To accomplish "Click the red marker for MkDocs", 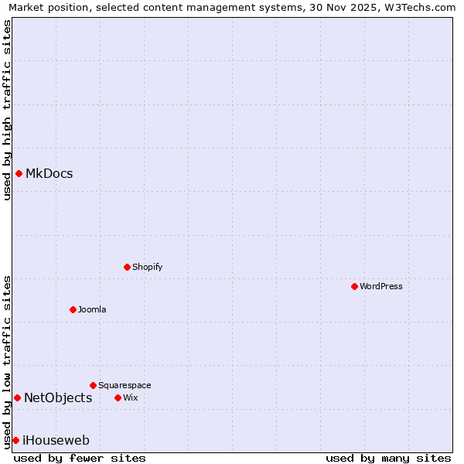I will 19,173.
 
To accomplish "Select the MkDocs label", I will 49,173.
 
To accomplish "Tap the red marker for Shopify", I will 127,267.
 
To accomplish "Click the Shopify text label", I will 148,267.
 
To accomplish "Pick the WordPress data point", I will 354,286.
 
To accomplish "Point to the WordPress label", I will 381,286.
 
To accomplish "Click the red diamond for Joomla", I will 73,309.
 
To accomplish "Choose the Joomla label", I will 92,309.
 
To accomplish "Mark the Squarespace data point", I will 93,385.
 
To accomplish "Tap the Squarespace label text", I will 125,385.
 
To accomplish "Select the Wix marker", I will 118,397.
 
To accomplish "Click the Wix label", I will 131,397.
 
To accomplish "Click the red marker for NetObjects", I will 17,397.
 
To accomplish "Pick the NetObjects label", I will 58,397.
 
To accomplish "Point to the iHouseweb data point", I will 15,440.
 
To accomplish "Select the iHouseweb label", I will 56,440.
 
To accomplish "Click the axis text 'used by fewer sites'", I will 80,458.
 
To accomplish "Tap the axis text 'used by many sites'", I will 388,458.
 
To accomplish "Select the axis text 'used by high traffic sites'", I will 7,110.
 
